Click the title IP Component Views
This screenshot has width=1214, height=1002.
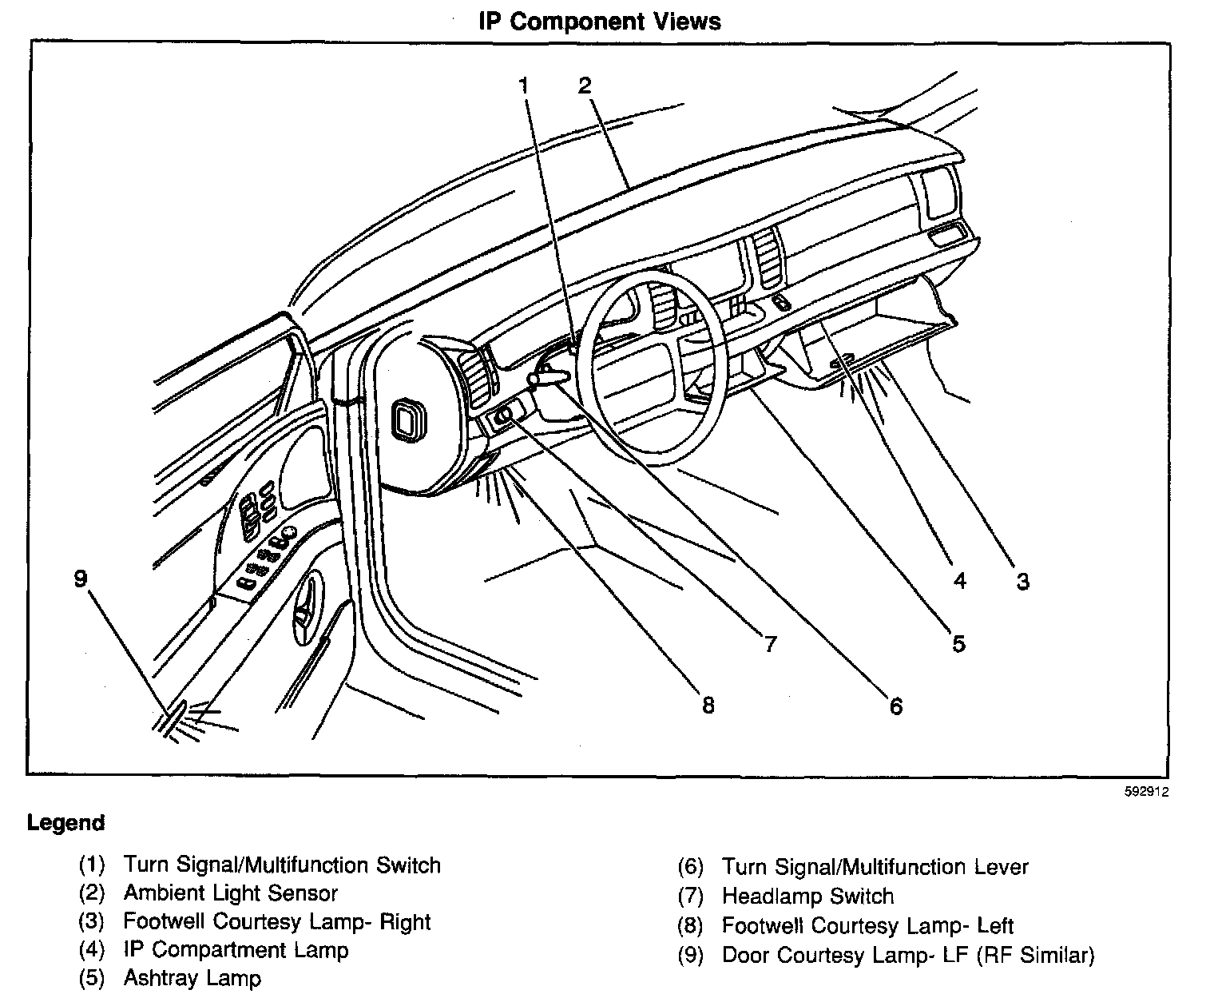(599, 22)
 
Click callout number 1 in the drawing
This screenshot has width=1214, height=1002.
(524, 85)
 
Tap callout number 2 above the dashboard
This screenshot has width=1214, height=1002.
(585, 85)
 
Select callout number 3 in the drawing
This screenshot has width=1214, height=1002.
(1022, 582)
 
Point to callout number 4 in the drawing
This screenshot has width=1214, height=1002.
(960, 581)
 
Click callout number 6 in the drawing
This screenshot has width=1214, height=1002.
(895, 706)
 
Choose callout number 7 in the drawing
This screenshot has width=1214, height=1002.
(769, 643)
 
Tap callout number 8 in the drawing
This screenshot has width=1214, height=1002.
(707, 706)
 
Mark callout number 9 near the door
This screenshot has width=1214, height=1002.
(80, 578)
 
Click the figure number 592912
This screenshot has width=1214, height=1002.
(1148, 793)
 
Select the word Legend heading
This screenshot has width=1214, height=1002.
(65, 823)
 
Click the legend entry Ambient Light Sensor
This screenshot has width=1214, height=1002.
(230, 893)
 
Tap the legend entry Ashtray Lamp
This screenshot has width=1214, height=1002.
(192, 978)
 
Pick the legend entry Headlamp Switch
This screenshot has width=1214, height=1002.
(807, 897)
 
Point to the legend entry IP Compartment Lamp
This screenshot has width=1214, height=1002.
(236, 950)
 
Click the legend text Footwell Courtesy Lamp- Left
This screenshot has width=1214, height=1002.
(867, 926)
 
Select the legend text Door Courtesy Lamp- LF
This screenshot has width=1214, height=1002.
(847, 955)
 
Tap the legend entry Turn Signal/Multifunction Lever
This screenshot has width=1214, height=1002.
(875, 867)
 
